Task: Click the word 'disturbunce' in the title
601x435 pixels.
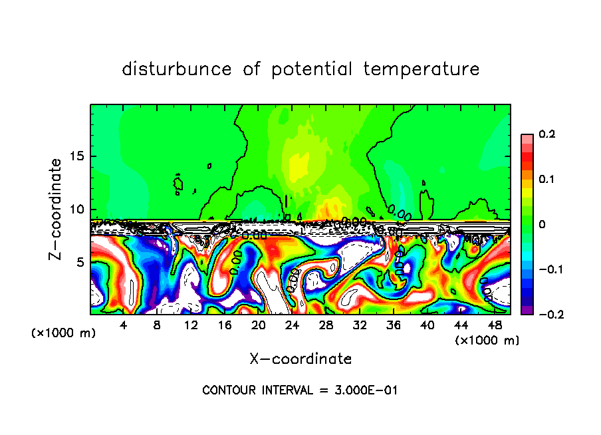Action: tap(176, 69)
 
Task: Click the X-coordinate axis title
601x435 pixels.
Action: tap(300, 359)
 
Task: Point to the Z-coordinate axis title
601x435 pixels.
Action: tap(56, 209)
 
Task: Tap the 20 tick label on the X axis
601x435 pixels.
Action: tap(258, 325)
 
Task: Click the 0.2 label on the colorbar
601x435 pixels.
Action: tap(546, 134)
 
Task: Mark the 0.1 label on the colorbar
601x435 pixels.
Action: tap(546, 180)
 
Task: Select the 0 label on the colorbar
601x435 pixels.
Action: tap(542, 225)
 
